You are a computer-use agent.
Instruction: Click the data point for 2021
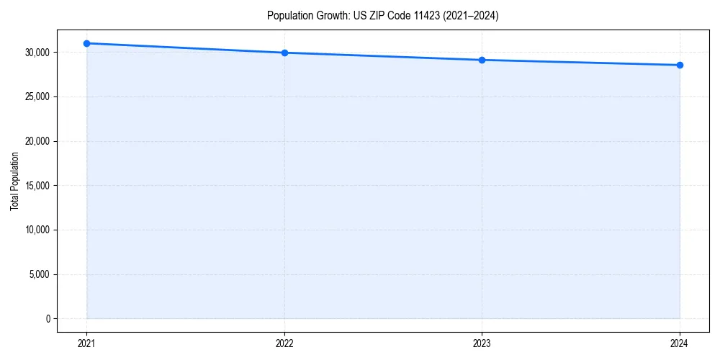tap(86, 43)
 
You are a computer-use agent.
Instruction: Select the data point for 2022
tap(284, 53)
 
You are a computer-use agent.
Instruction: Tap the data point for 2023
tap(482, 60)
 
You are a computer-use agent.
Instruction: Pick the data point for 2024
tap(680, 66)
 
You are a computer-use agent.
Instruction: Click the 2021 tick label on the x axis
tap(86, 343)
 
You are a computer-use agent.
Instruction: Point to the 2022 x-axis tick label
tap(284, 343)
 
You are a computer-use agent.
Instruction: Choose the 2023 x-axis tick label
tap(482, 343)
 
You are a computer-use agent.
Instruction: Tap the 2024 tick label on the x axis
tap(680, 343)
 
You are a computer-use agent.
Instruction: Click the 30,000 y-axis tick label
tap(37, 53)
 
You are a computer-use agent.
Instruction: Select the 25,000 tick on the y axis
tap(37, 97)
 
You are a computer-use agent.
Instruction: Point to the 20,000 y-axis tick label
tap(37, 141)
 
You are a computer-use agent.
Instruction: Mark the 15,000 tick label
tap(37, 186)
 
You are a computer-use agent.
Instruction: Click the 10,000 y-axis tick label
tap(37, 230)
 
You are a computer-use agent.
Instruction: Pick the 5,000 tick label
tap(39, 274)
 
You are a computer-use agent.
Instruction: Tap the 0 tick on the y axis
tap(48, 319)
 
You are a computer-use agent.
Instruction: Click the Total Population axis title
tap(14, 181)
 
